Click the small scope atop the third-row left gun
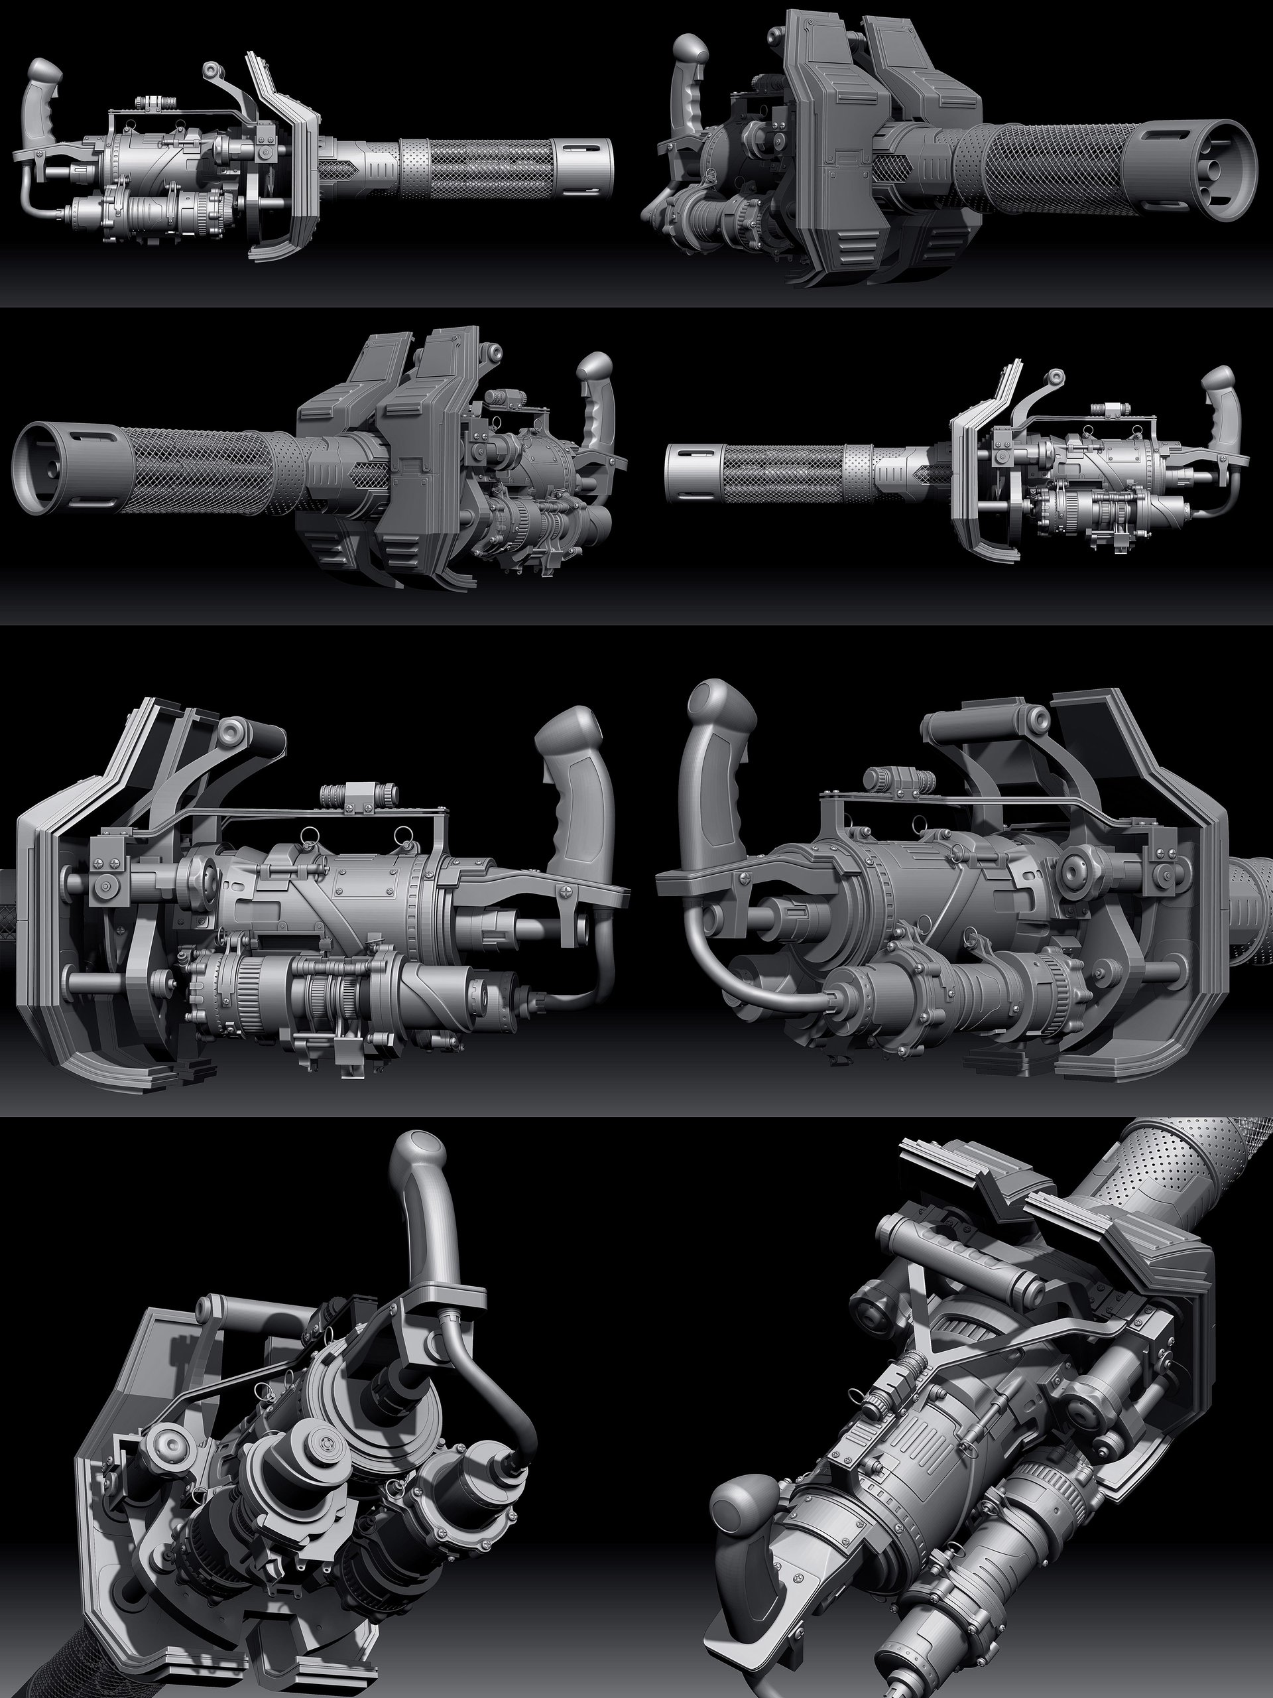(357, 793)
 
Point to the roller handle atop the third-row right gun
(986, 724)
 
